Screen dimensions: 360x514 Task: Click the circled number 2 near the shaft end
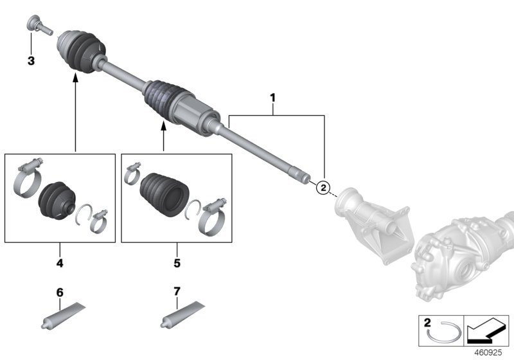click(x=323, y=187)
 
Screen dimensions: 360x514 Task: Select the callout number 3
click(x=31, y=62)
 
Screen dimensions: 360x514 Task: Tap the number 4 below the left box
click(x=60, y=263)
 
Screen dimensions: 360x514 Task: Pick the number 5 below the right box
click(x=176, y=263)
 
